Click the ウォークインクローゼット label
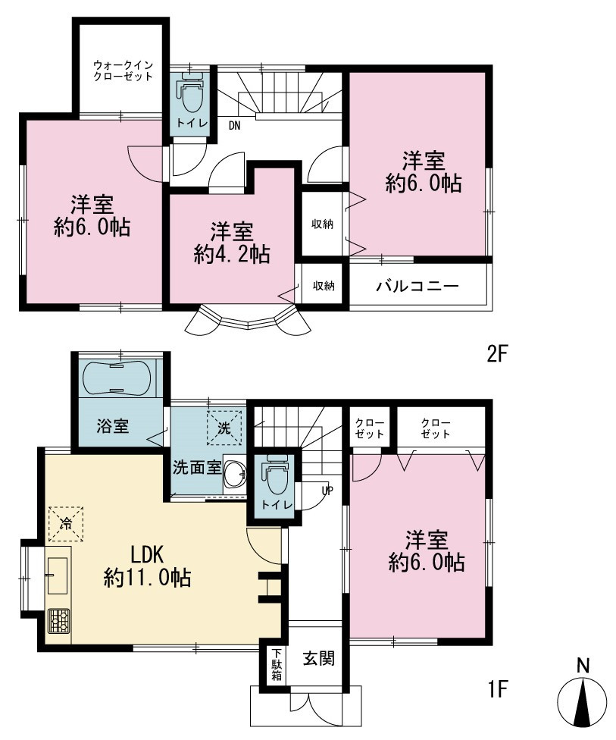tap(123, 71)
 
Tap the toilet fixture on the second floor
tap(191, 92)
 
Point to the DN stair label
tap(234, 126)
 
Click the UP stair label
tap(327, 491)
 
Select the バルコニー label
tap(417, 286)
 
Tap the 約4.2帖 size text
tap(232, 255)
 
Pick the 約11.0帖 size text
tap(147, 578)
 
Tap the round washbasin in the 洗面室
tap(234, 473)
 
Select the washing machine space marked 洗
tap(224, 428)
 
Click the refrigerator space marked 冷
tap(66, 523)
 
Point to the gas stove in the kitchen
tap(58, 621)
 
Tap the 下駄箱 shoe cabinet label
tap(277, 665)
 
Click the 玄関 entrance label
tap(318, 659)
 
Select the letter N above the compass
tap(583, 666)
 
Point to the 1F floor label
tap(498, 689)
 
